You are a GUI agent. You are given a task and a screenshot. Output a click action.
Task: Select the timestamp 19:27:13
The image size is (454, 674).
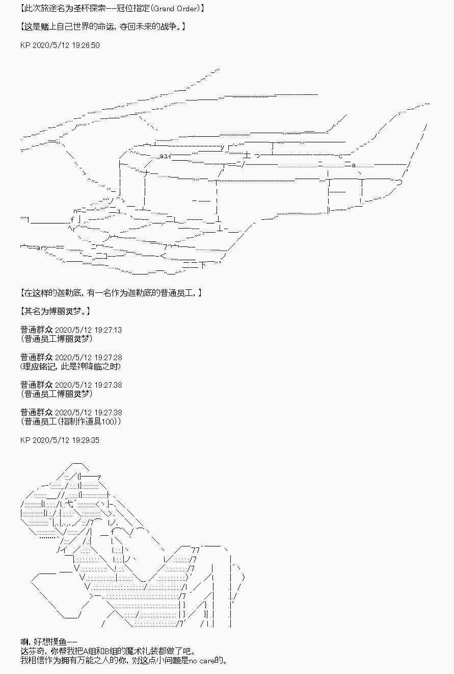point(107,330)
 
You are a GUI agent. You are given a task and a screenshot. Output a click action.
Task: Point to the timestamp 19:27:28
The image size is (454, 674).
point(107,358)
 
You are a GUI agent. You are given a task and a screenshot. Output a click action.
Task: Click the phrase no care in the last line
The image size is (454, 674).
point(201,661)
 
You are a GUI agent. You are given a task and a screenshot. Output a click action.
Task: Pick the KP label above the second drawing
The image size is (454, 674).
point(26,440)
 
